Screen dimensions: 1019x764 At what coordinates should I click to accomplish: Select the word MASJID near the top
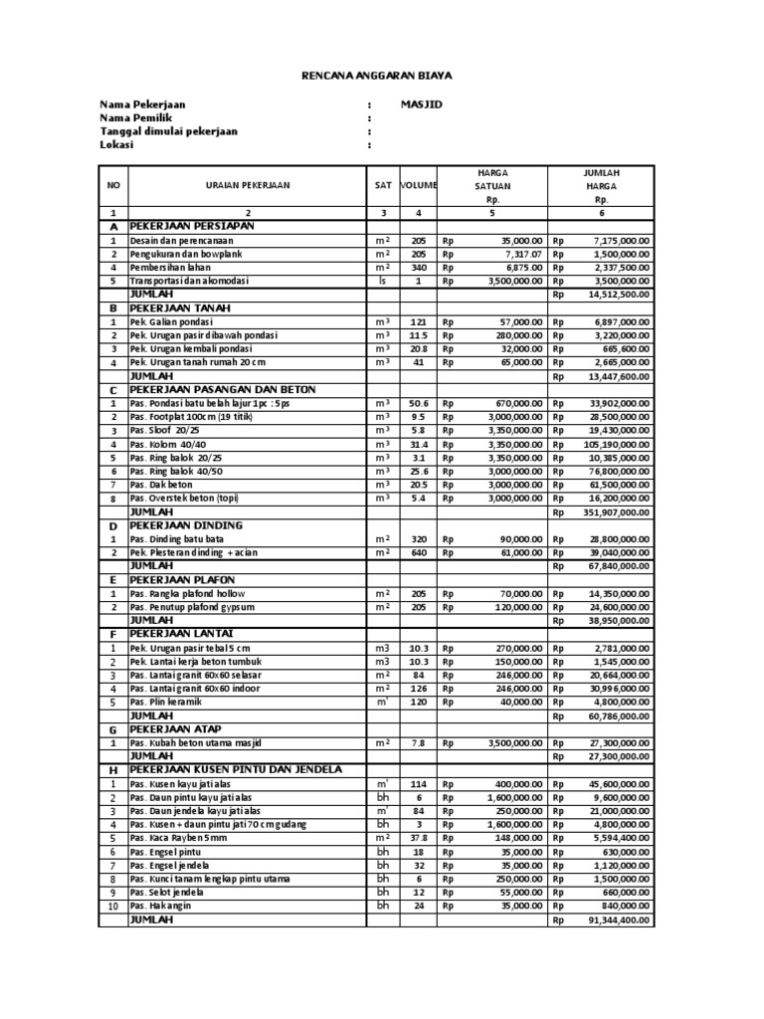(421, 103)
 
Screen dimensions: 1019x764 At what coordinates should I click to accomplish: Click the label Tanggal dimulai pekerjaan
(168, 130)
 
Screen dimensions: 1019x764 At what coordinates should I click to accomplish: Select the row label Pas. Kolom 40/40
(170, 444)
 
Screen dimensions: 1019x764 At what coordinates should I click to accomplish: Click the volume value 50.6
(418, 404)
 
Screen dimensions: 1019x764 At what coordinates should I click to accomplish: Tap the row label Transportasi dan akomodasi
(189, 281)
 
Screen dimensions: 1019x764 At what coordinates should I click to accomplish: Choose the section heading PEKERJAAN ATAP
(175, 728)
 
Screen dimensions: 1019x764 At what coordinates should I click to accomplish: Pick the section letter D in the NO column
(112, 525)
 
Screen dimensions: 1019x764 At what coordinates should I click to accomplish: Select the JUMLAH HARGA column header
(600, 185)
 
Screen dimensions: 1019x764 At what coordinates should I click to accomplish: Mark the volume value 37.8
(418, 838)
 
